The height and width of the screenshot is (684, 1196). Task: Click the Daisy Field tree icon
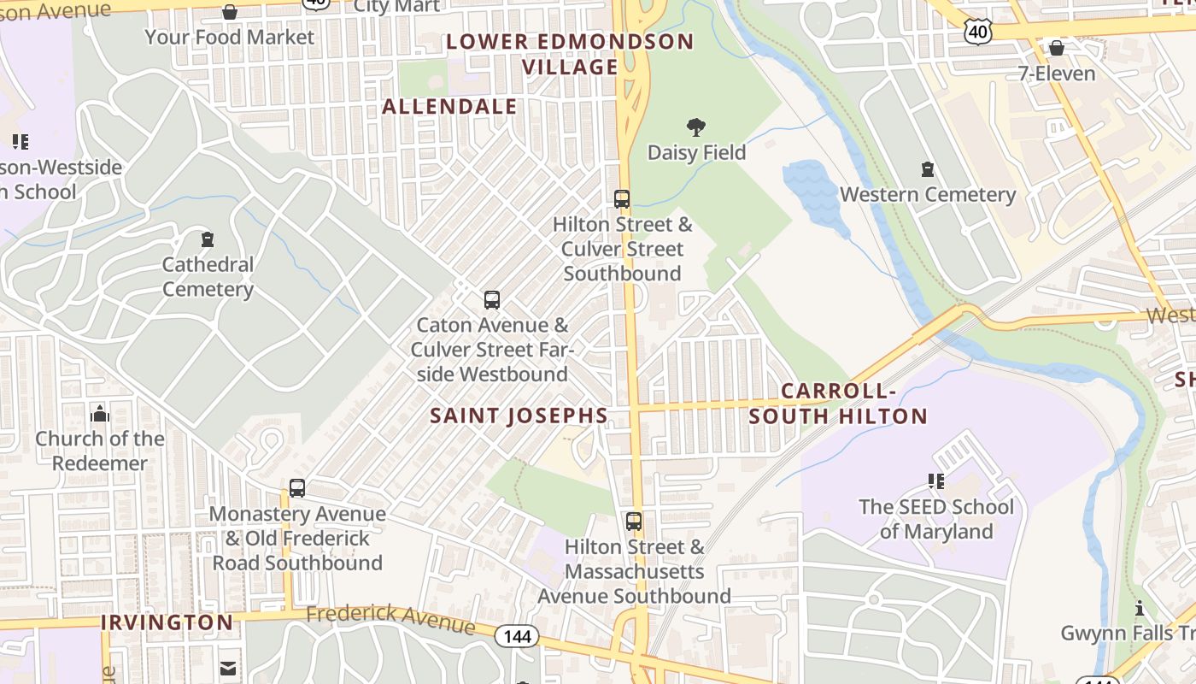click(x=696, y=128)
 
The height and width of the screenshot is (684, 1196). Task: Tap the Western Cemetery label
click(x=928, y=195)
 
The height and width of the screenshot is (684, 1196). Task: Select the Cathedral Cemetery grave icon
click(x=207, y=239)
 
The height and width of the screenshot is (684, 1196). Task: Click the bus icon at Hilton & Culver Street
click(x=622, y=199)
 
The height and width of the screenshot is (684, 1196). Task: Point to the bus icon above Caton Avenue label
click(x=492, y=300)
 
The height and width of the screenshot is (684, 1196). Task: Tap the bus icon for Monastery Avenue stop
click(x=297, y=489)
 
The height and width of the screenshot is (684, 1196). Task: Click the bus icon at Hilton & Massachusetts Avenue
click(x=634, y=522)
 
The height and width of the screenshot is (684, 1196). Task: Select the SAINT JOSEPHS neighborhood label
click(x=519, y=416)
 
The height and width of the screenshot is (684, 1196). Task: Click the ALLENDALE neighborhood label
click(x=449, y=107)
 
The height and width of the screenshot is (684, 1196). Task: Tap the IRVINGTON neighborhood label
click(x=167, y=622)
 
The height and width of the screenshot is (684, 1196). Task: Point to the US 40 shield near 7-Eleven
click(x=978, y=32)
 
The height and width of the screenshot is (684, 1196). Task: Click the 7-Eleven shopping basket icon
click(x=1057, y=48)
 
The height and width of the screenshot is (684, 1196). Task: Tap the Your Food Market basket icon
click(x=230, y=12)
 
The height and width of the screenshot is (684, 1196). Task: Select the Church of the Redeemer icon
click(x=100, y=414)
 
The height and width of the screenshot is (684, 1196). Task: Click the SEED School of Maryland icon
click(x=936, y=481)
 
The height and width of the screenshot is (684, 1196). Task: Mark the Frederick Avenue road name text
click(x=390, y=618)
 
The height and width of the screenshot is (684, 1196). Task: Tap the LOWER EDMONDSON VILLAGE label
click(x=570, y=54)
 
